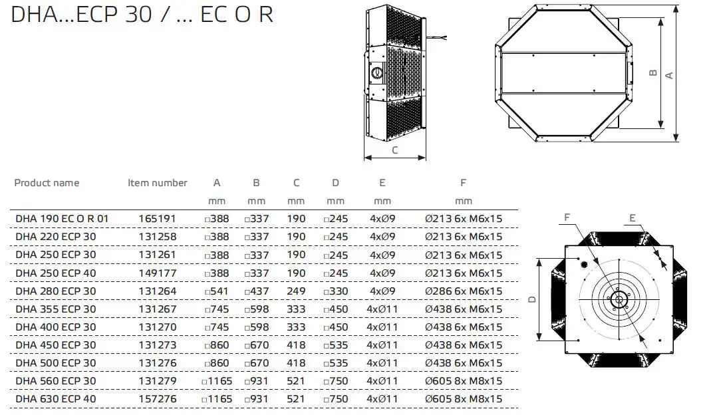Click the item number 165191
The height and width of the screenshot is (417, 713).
[x=157, y=219]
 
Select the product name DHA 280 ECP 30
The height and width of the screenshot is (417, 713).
[x=55, y=291]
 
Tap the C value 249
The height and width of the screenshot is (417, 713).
[x=296, y=291]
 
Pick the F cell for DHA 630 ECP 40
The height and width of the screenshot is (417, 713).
[x=463, y=399]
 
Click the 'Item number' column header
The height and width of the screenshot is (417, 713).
[x=157, y=183]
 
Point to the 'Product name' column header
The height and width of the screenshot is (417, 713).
[x=47, y=183]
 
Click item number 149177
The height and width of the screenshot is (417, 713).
[x=157, y=273]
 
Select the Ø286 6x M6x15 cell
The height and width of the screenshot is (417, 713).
[x=463, y=291]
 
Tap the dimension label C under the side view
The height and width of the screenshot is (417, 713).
[x=394, y=150]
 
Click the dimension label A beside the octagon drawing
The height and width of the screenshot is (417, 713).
[x=670, y=74]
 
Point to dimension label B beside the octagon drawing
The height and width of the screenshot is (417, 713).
[x=652, y=74]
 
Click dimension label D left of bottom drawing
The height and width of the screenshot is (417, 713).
[x=532, y=300]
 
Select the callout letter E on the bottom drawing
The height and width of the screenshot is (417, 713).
[x=632, y=217]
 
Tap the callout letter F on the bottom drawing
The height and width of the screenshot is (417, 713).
[x=567, y=217]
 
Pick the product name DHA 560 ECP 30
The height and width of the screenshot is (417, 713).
[x=55, y=381]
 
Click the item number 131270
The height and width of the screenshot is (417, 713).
[x=157, y=327]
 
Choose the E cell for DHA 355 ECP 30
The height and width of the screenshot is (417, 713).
[x=382, y=309]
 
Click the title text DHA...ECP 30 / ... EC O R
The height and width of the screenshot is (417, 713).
[x=142, y=15]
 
